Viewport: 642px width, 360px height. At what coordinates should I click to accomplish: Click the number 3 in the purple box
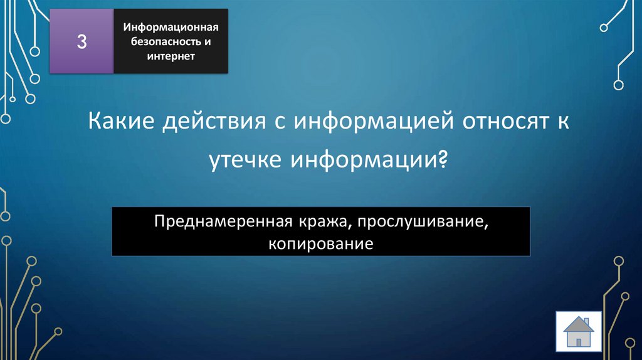coord(82,42)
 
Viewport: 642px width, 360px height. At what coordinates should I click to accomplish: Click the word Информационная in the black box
coord(170,28)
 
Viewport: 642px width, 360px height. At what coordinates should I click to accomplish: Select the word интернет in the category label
coord(171,56)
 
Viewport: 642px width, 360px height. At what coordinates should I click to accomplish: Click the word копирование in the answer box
coord(321,241)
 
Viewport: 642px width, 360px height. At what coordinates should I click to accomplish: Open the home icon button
coord(578,332)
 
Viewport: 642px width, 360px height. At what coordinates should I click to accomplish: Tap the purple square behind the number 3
coord(69,60)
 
